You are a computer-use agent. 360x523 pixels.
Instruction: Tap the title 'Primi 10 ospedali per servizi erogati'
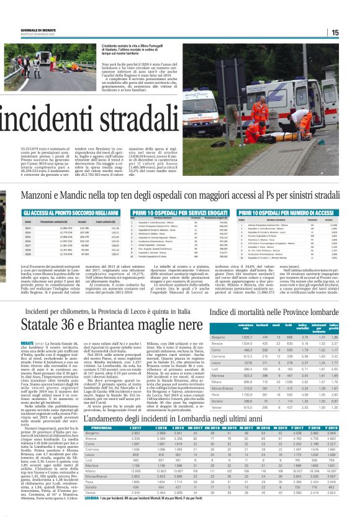coord(160,212)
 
